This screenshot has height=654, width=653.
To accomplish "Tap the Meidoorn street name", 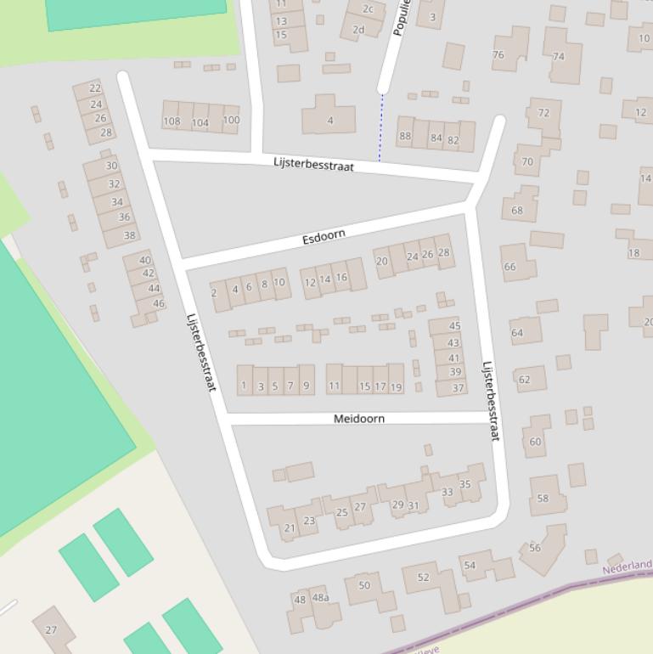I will [358, 419].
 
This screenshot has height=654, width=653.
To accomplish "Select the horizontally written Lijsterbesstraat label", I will [313, 164].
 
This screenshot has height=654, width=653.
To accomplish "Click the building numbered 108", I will [172, 121].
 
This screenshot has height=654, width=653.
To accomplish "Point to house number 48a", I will [320, 598].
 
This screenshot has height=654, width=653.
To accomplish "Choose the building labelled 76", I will [498, 54].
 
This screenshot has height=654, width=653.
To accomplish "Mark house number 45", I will [454, 326].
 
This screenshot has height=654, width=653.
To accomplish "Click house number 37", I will [458, 388].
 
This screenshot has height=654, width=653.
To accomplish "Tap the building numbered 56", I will [535, 548].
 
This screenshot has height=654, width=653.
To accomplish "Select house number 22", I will [95, 88].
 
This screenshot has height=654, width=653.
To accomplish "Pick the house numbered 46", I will [158, 303].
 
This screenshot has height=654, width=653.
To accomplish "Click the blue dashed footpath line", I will [381, 127].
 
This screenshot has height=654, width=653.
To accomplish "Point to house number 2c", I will [369, 9].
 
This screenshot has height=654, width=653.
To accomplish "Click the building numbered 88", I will [405, 136].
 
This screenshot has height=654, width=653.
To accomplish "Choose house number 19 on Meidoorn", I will [396, 386].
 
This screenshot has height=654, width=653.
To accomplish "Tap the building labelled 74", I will [558, 57].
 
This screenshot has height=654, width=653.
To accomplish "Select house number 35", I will [464, 484].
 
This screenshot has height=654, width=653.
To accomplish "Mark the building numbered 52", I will [424, 578].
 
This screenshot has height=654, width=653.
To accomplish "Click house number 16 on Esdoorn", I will [341, 277].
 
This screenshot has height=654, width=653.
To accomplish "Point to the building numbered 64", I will [517, 332].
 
